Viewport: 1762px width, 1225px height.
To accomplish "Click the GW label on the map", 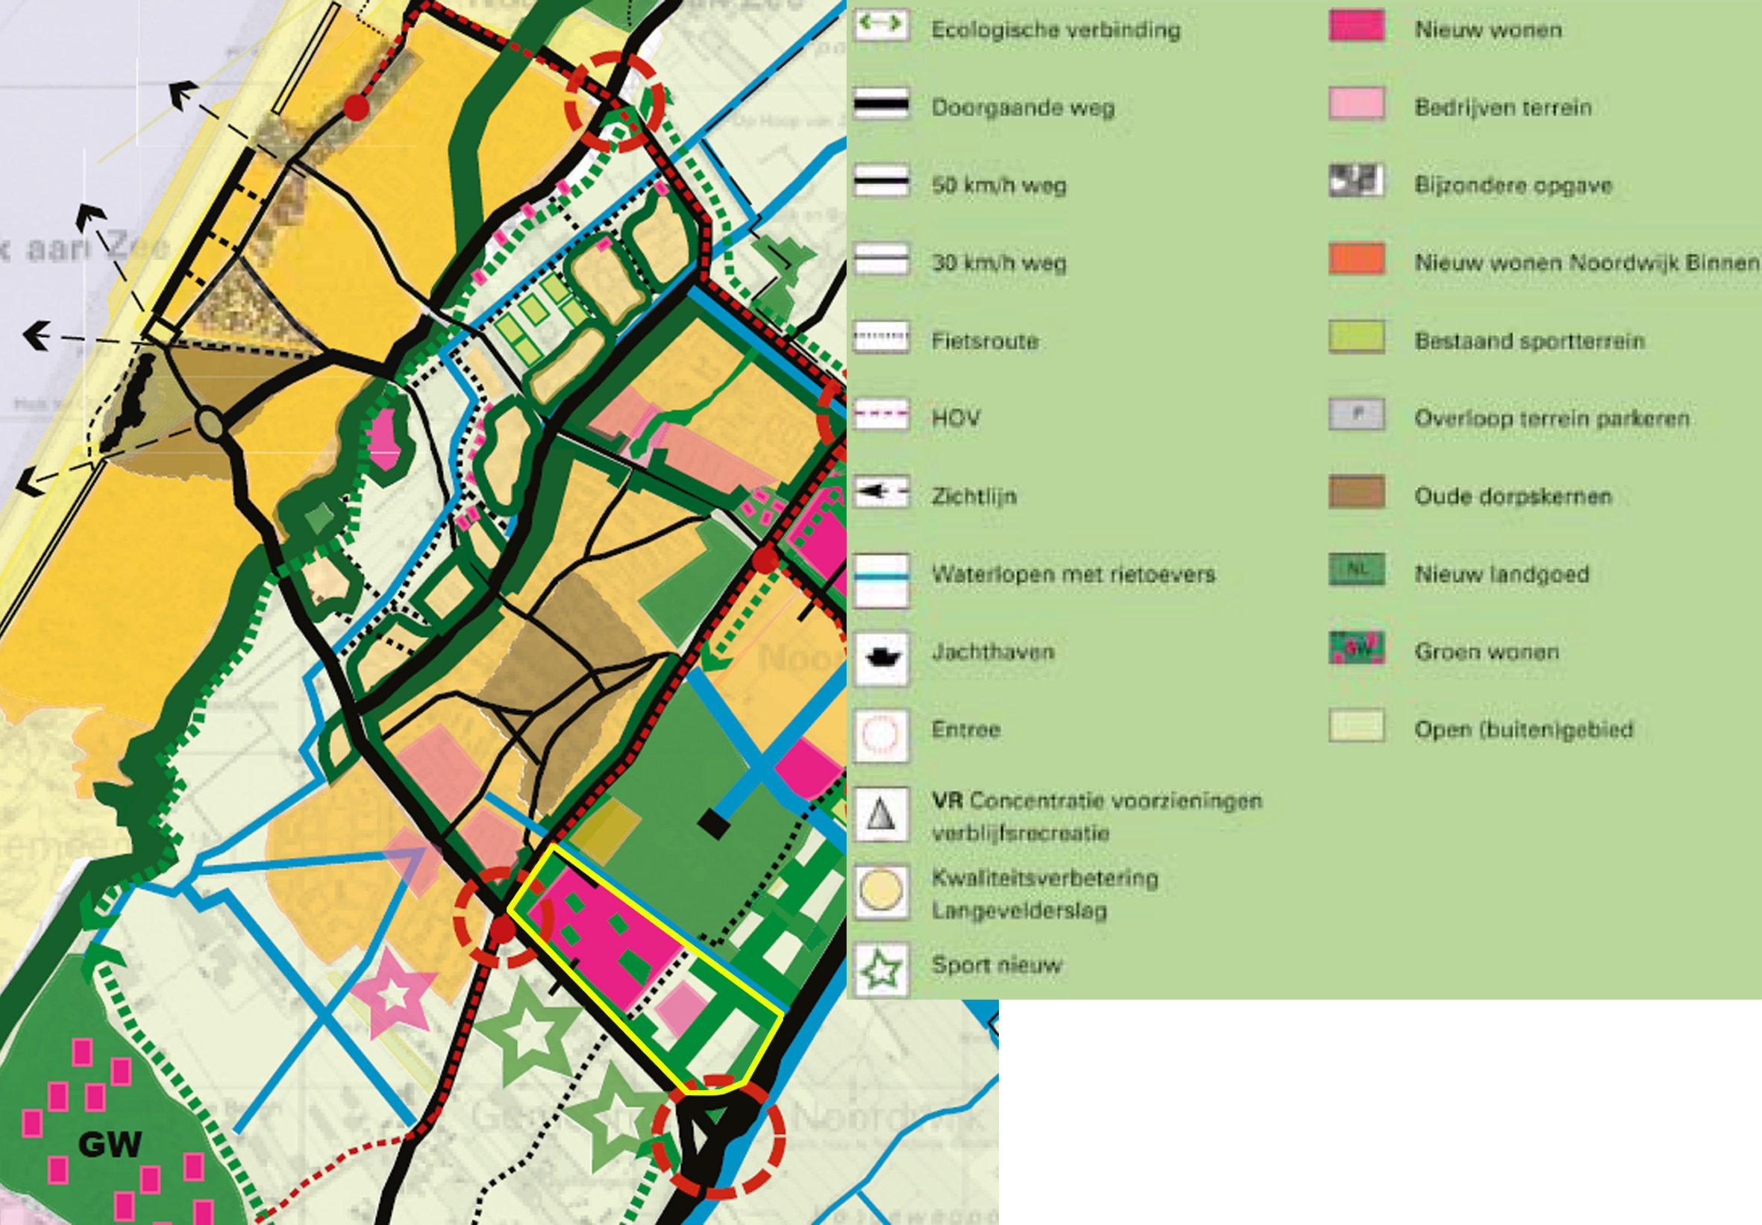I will [110, 1145].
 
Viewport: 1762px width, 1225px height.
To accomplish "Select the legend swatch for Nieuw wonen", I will [1356, 26].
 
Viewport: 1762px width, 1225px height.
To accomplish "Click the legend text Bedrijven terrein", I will [1502, 107].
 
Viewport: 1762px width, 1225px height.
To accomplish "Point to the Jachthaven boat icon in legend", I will [881, 657].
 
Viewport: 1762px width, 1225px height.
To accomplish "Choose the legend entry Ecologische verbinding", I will [1056, 30].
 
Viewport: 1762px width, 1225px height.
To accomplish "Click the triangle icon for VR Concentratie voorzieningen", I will [881, 814].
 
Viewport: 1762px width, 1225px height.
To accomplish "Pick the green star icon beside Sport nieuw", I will [881, 969].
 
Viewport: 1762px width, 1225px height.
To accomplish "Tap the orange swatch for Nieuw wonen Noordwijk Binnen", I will [1356, 259].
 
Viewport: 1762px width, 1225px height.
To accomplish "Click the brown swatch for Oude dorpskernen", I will [1356, 492].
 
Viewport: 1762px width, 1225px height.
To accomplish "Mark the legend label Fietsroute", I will [985, 341].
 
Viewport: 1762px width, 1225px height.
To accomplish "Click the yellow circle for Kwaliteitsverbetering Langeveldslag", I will [881, 891].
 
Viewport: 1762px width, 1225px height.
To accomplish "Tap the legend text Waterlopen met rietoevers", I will [1073, 575].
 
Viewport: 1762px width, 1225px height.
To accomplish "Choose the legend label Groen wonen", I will [1487, 652].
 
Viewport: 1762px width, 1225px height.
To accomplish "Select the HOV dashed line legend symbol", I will [881, 415].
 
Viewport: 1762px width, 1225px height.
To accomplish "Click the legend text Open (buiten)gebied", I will [1523, 729].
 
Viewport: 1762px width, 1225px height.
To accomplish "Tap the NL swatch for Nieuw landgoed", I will [1356, 570].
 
